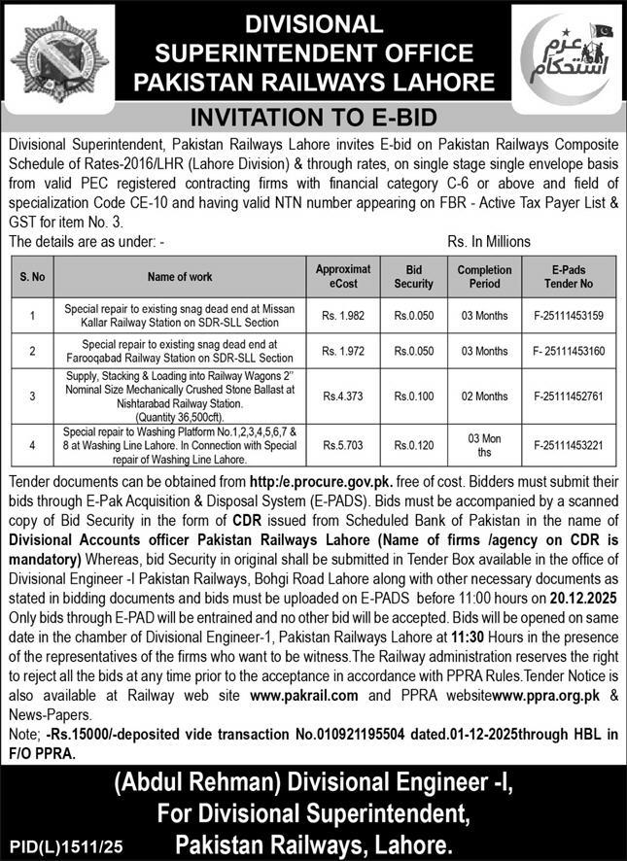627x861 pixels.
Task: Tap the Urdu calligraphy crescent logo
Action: coord(568,58)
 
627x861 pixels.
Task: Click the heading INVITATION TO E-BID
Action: coord(313,118)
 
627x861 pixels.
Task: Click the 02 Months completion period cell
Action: coord(483,396)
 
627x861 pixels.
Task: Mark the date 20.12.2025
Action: coord(582,592)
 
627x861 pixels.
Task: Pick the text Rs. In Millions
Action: coord(489,241)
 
